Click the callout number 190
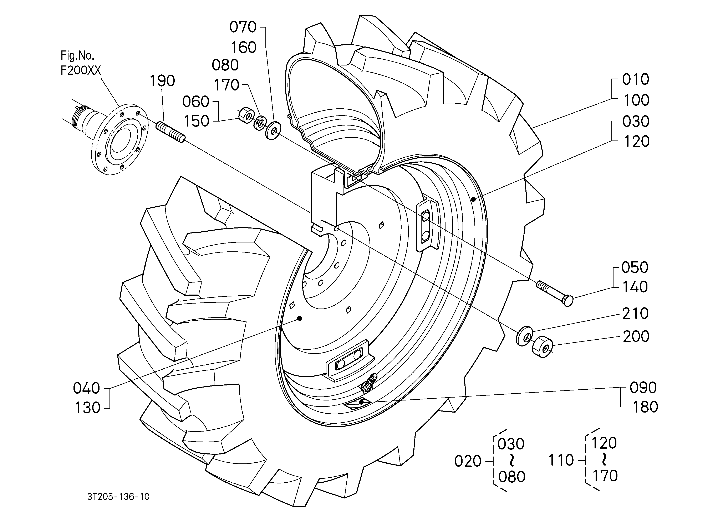162,81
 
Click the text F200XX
81,70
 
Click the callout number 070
243,27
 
